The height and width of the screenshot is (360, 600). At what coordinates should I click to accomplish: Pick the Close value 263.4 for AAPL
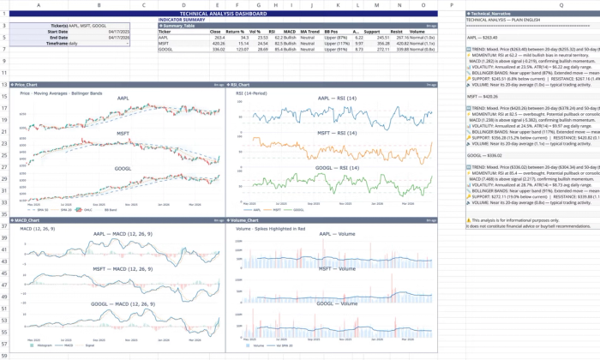coord(219,38)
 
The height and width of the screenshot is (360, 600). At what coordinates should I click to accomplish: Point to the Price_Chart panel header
coord(34,85)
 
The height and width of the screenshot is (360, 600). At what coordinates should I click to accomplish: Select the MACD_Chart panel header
coord(34,220)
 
